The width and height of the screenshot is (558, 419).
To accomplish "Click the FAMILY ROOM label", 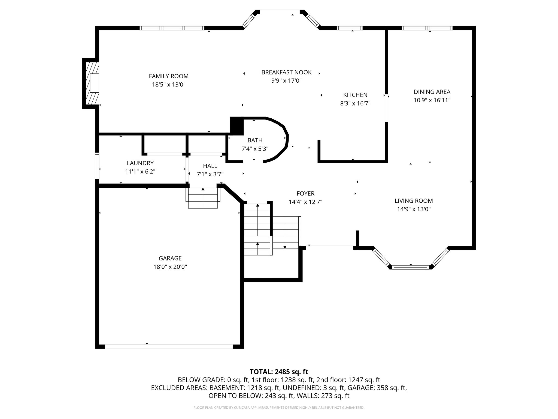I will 169,76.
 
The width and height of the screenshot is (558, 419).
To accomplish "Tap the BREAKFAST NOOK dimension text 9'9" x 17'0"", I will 286,81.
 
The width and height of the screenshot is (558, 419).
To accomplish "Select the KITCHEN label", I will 355,95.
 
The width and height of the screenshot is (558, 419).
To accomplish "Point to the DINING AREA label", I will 432,92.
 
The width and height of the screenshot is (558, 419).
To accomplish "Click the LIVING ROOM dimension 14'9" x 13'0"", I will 414,209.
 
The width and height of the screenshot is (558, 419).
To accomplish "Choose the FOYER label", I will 305,193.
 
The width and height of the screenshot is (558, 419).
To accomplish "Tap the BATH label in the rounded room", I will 255,140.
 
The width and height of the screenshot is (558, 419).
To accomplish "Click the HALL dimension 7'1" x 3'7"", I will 210,174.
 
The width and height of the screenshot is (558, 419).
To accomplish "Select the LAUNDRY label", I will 140,163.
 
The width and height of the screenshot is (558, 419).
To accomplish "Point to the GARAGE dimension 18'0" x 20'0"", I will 170,267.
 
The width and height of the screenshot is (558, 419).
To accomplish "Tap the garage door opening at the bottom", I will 169,346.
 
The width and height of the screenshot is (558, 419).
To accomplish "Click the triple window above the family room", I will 172,28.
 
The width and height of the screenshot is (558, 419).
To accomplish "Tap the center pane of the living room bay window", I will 411,267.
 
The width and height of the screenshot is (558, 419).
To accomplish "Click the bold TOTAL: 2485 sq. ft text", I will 279,372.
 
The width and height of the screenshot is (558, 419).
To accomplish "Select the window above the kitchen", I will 350,28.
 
